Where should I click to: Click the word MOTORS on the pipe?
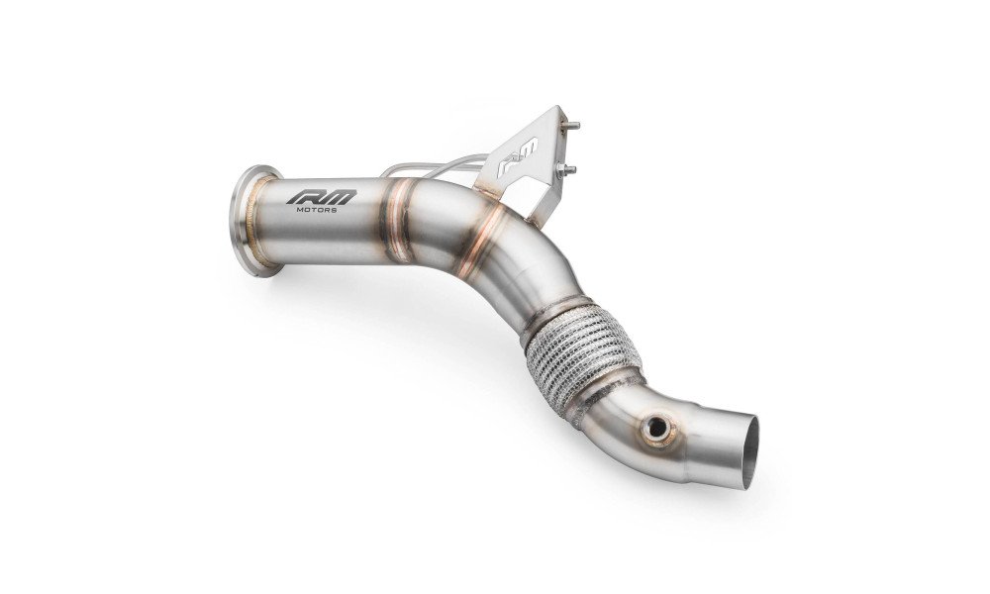(317, 209)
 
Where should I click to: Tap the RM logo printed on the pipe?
(322, 197)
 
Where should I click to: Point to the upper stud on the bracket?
(572, 127)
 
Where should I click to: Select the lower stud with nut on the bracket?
(565, 169)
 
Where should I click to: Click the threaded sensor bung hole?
(656, 429)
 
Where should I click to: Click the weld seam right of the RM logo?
(398, 220)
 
